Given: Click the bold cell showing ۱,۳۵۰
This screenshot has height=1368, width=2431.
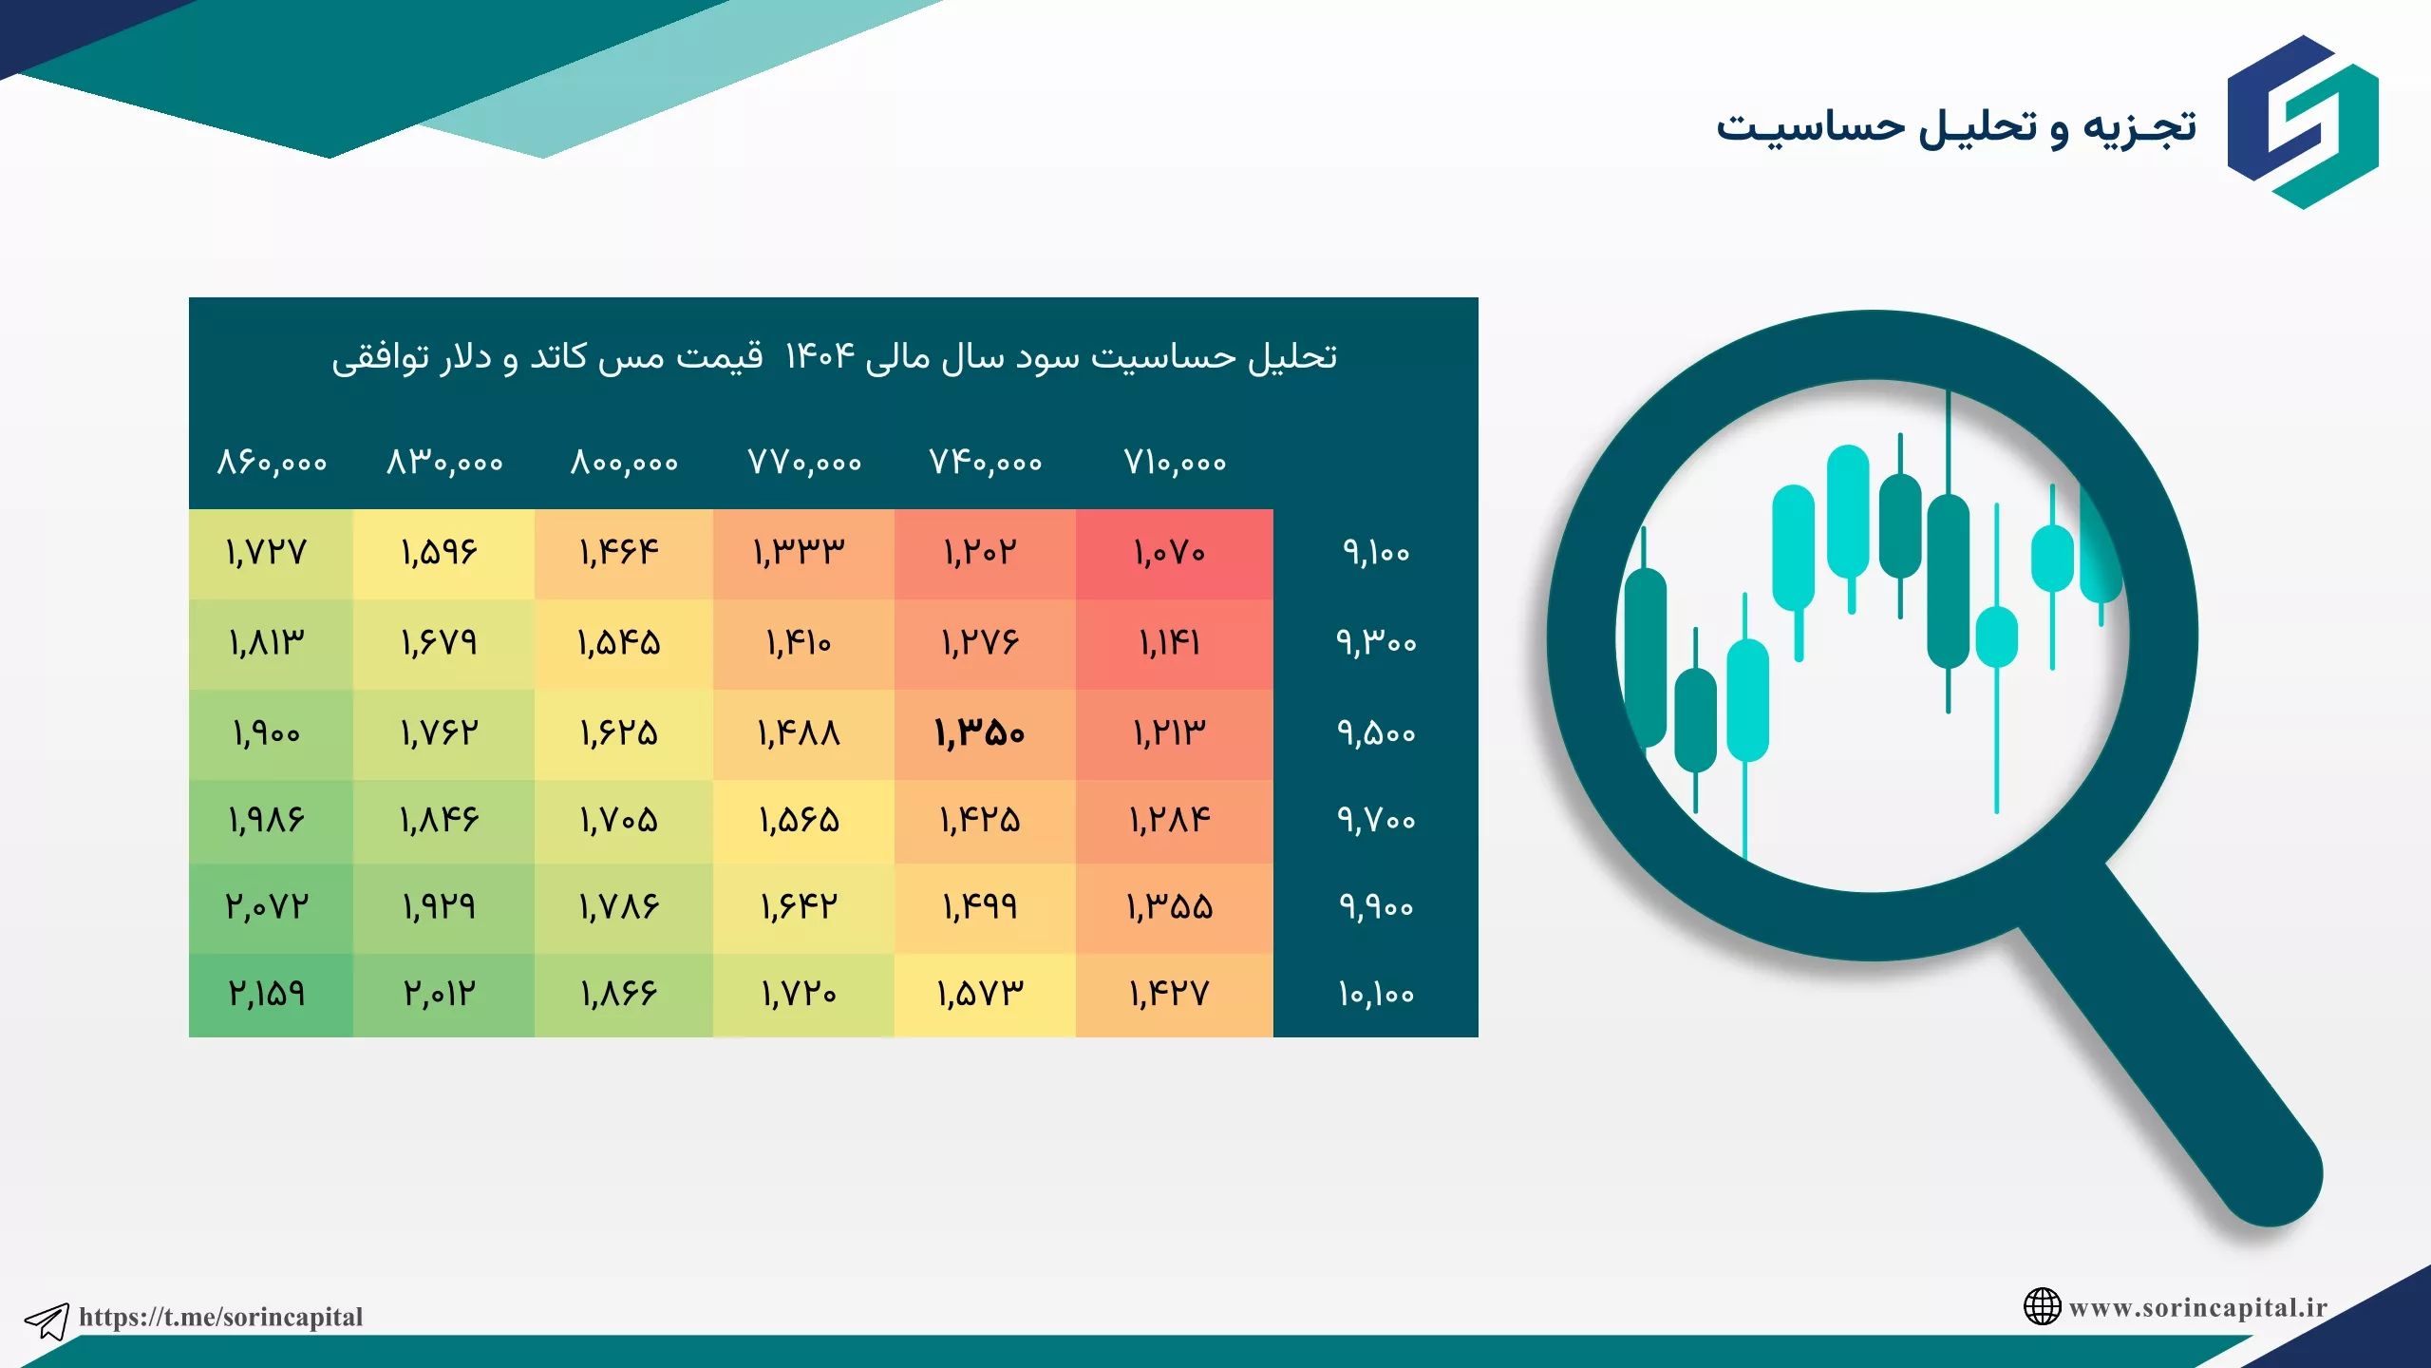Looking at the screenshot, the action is (x=980, y=733).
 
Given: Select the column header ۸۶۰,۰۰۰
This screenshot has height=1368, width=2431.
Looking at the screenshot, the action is (x=273, y=463).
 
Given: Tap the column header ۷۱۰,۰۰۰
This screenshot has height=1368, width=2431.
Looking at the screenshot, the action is (x=1176, y=463).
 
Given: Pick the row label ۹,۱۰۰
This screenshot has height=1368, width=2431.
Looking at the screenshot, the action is (x=1376, y=552).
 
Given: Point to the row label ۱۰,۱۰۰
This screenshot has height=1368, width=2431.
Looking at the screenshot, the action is (x=1376, y=994).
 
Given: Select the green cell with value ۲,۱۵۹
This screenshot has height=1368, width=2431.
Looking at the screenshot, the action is (x=267, y=994).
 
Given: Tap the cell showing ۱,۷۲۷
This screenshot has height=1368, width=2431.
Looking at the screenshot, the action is (x=267, y=552).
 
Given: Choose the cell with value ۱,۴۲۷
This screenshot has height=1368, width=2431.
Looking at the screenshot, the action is (x=1170, y=994).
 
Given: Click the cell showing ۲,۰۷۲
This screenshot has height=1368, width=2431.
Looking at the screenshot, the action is (x=267, y=906).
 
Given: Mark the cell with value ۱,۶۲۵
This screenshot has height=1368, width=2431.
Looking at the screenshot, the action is (x=619, y=733).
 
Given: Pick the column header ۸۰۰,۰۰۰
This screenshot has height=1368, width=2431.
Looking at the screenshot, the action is (x=624, y=463).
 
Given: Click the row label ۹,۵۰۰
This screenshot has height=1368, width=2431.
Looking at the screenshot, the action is (x=1376, y=733).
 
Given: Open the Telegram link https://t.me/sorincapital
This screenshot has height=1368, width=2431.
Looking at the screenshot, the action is (x=220, y=1317).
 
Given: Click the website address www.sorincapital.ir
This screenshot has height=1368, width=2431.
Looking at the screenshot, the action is (x=2198, y=1307).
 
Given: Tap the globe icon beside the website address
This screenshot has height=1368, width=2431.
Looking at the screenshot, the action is (x=2042, y=1306).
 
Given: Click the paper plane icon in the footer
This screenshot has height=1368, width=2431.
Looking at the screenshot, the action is (x=47, y=1320).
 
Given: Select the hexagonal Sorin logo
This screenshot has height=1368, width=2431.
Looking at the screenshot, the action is (x=2303, y=122).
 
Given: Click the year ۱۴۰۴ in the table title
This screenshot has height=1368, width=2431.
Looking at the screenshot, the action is (x=820, y=356).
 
